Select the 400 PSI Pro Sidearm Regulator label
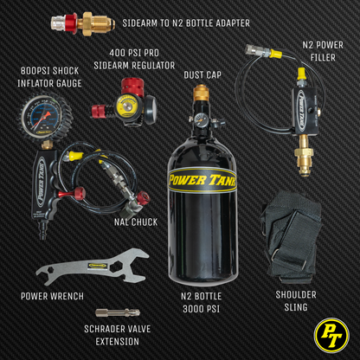click(136, 59)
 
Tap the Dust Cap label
click(203, 75)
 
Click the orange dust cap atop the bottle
click(200, 93)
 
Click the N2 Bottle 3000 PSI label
click(201, 301)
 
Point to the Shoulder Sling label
click(295, 300)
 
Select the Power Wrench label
click(52, 296)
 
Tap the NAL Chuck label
click(135, 222)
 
